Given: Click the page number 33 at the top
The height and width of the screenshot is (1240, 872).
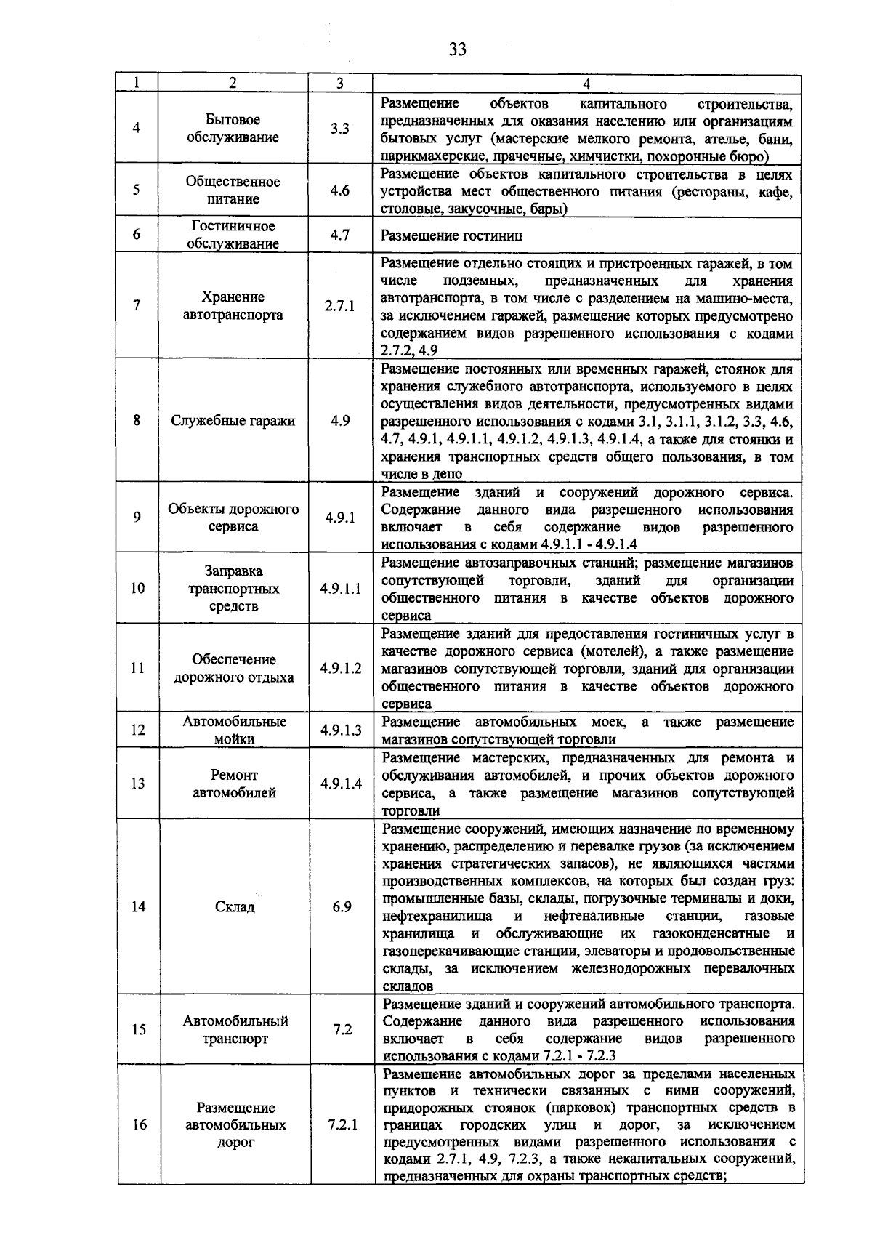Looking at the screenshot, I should (457, 49).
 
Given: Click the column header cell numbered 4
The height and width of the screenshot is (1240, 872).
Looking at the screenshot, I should (586, 83).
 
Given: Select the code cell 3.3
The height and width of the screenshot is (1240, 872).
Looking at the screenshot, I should (339, 129).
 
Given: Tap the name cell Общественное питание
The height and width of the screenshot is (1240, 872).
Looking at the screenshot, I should (233, 190).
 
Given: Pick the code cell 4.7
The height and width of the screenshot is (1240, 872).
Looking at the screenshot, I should (339, 235).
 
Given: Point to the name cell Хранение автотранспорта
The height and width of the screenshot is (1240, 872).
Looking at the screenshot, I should (233, 306).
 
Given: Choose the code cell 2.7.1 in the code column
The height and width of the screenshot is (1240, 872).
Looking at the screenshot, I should (339, 306).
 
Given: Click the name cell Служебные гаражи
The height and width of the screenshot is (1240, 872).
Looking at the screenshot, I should (233, 421).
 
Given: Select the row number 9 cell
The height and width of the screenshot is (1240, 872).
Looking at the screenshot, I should (137, 518).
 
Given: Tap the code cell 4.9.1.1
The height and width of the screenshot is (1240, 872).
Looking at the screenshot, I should (340, 589).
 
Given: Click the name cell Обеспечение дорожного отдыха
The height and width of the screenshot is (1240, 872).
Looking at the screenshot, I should (233, 669).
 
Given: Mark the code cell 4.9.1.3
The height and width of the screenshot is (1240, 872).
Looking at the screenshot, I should (341, 730).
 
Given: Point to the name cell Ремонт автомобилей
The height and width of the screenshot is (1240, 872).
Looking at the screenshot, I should (234, 784).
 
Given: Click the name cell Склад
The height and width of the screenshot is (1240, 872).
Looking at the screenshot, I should (235, 907).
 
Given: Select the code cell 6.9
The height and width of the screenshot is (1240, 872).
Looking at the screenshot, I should (342, 907).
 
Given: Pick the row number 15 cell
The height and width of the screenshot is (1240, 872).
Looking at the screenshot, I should (138, 1030).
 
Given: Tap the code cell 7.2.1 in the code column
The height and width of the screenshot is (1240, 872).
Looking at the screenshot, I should (342, 1125).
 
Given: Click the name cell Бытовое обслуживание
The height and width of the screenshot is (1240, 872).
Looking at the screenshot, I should (233, 129).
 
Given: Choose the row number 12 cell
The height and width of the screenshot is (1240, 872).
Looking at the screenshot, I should (137, 730).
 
